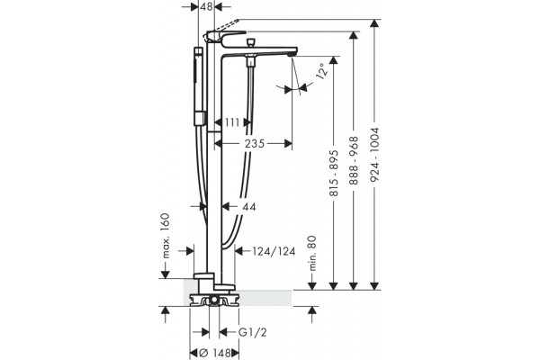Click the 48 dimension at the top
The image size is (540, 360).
point(206,6)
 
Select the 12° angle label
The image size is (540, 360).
point(321,72)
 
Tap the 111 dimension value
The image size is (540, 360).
point(232,122)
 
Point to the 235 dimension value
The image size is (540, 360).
point(255,143)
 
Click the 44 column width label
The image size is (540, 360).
point(249,207)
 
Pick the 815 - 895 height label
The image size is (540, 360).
point(334,174)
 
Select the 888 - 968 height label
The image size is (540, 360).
point(354,160)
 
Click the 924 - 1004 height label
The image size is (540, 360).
point(374,154)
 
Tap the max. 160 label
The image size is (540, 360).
point(166,236)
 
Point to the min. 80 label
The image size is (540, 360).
point(312,253)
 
